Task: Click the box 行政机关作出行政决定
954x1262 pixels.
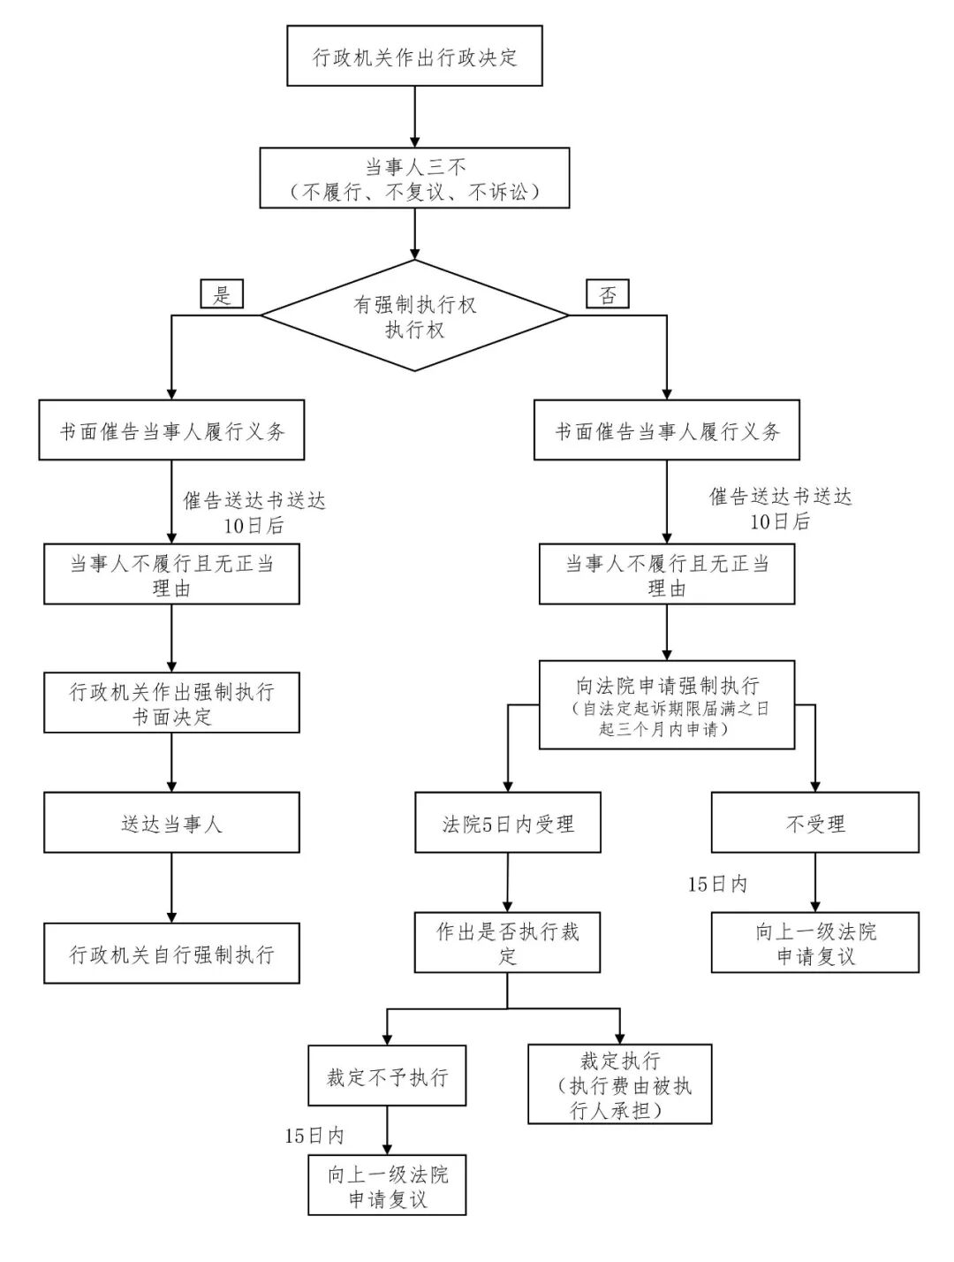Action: point(414,56)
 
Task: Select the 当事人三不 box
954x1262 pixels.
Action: point(414,178)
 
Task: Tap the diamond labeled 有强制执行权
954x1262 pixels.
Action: point(414,315)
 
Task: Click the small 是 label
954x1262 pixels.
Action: point(221,294)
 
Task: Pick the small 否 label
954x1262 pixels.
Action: point(608,294)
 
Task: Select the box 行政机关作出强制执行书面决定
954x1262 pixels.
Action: point(171,703)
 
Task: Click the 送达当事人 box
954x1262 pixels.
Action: point(171,823)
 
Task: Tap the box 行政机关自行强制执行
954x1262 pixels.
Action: point(171,954)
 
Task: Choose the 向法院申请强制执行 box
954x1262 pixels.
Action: point(667,705)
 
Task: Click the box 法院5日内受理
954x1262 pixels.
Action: point(508,823)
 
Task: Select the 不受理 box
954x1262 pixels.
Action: point(814,823)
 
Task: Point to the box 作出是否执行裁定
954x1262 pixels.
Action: point(508,943)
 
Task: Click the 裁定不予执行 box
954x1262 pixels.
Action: point(387,1076)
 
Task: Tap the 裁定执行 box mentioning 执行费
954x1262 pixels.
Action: point(619,1084)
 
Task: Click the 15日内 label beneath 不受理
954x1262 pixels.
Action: point(717,884)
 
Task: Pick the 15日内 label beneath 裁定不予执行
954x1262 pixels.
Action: point(314,1136)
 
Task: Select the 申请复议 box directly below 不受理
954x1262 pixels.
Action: point(814,943)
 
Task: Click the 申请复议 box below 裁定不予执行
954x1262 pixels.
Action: point(387,1185)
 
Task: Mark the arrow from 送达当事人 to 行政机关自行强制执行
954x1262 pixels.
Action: point(171,887)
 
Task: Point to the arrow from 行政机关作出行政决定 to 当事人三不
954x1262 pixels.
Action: point(414,117)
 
